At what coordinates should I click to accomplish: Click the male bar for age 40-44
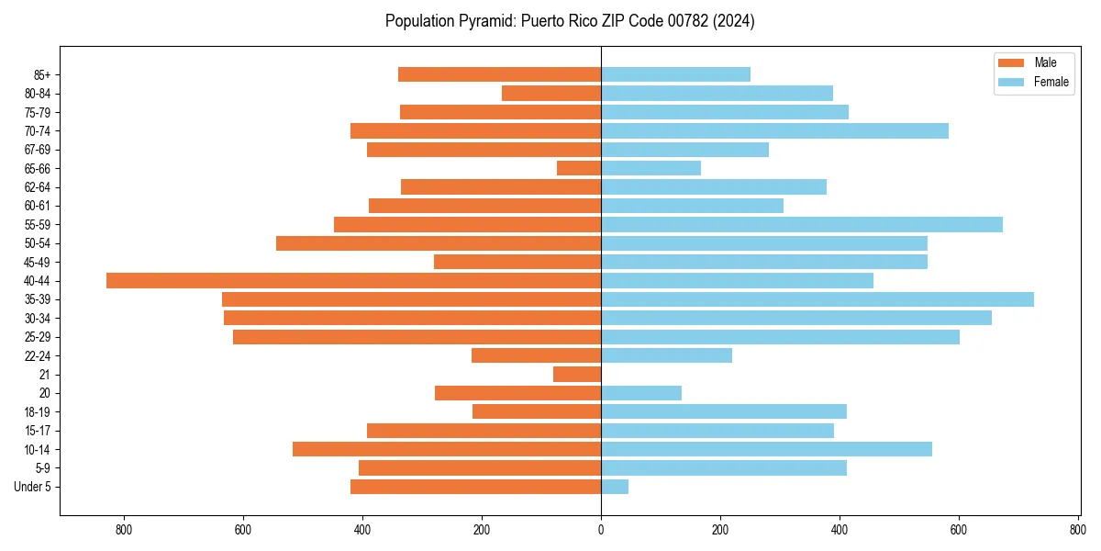[x=353, y=281]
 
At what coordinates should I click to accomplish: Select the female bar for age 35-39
[x=817, y=299]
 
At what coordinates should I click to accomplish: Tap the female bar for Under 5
[x=615, y=487]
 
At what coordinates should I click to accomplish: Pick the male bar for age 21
[x=577, y=375]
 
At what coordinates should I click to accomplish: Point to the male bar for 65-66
[x=579, y=168]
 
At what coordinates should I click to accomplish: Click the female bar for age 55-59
[x=802, y=225]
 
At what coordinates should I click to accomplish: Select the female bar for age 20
[x=641, y=393]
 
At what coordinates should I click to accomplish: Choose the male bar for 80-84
[x=551, y=94]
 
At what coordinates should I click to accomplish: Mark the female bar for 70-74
[x=774, y=131]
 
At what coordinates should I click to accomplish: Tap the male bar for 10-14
[x=447, y=449]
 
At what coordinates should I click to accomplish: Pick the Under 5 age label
[x=32, y=487]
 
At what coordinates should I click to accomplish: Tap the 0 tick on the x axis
[x=601, y=529]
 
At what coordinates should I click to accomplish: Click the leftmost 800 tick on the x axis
[x=124, y=529]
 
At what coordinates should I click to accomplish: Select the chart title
[x=570, y=21]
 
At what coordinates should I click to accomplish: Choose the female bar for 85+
[x=675, y=74]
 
